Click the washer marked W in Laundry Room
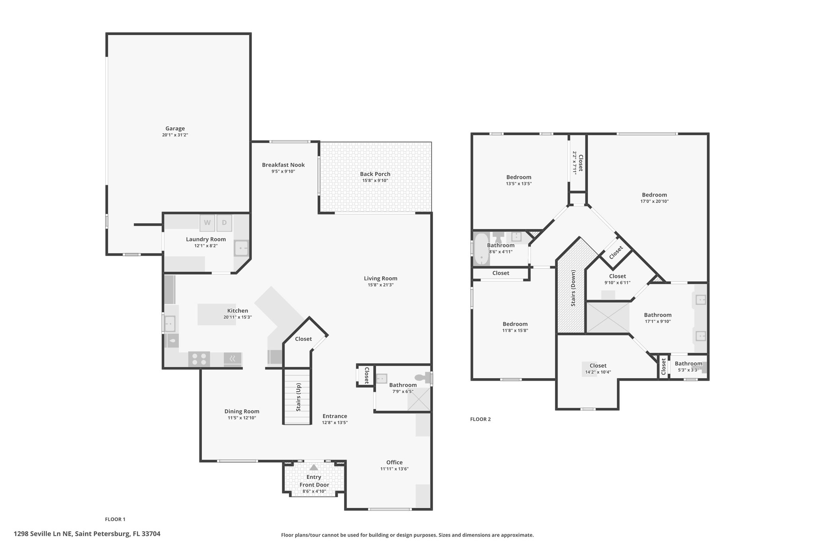[207, 223]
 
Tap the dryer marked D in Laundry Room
[224, 223]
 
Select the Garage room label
[175, 128]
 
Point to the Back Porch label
[375, 174]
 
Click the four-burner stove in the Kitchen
[199, 359]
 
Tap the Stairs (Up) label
[298, 397]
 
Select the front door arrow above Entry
[314, 467]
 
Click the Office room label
[394, 462]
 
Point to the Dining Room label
[242, 411]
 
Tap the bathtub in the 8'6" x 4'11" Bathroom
[482, 249]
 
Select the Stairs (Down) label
[573, 288]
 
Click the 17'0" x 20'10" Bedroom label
[654, 195]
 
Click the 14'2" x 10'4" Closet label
[598, 366]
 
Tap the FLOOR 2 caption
[481, 419]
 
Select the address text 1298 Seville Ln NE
[43, 534]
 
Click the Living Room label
[380, 278]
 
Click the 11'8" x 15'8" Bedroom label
[515, 324]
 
